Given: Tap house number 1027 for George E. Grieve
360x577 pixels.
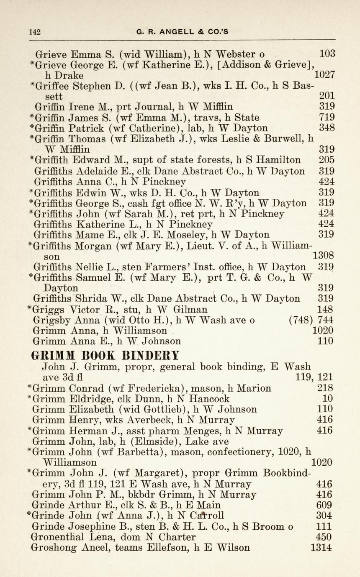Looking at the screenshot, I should [324, 75].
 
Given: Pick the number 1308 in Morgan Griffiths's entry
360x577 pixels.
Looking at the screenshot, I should [323, 255].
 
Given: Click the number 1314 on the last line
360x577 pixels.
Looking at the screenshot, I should [322, 548].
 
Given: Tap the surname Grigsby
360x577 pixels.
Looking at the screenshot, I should [52, 320].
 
